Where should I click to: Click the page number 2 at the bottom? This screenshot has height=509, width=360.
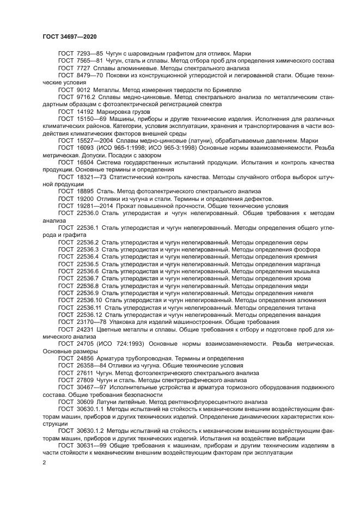point(45,463)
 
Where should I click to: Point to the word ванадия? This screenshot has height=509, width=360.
point(307,315)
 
